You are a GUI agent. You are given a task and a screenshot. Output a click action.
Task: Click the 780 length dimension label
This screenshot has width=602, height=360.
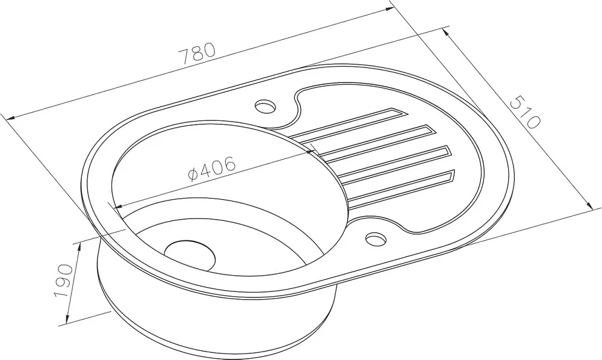pyautogui.click(x=197, y=53)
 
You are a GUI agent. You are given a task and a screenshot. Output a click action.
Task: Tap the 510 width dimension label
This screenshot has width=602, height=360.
pyautogui.click(x=525, y=112)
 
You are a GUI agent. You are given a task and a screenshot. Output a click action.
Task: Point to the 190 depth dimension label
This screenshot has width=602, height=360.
pyautogui.click(x=63, y=280)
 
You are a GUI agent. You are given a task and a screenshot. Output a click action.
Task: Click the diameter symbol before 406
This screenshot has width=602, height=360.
pyautogui.click(x=193, y=175)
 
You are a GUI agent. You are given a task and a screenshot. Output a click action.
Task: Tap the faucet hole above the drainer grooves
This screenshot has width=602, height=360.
pyautogui.click(x=265, y=107)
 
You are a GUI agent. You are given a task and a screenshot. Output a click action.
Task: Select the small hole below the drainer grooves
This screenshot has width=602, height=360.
pyautogui.click(x=376, y=239)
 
